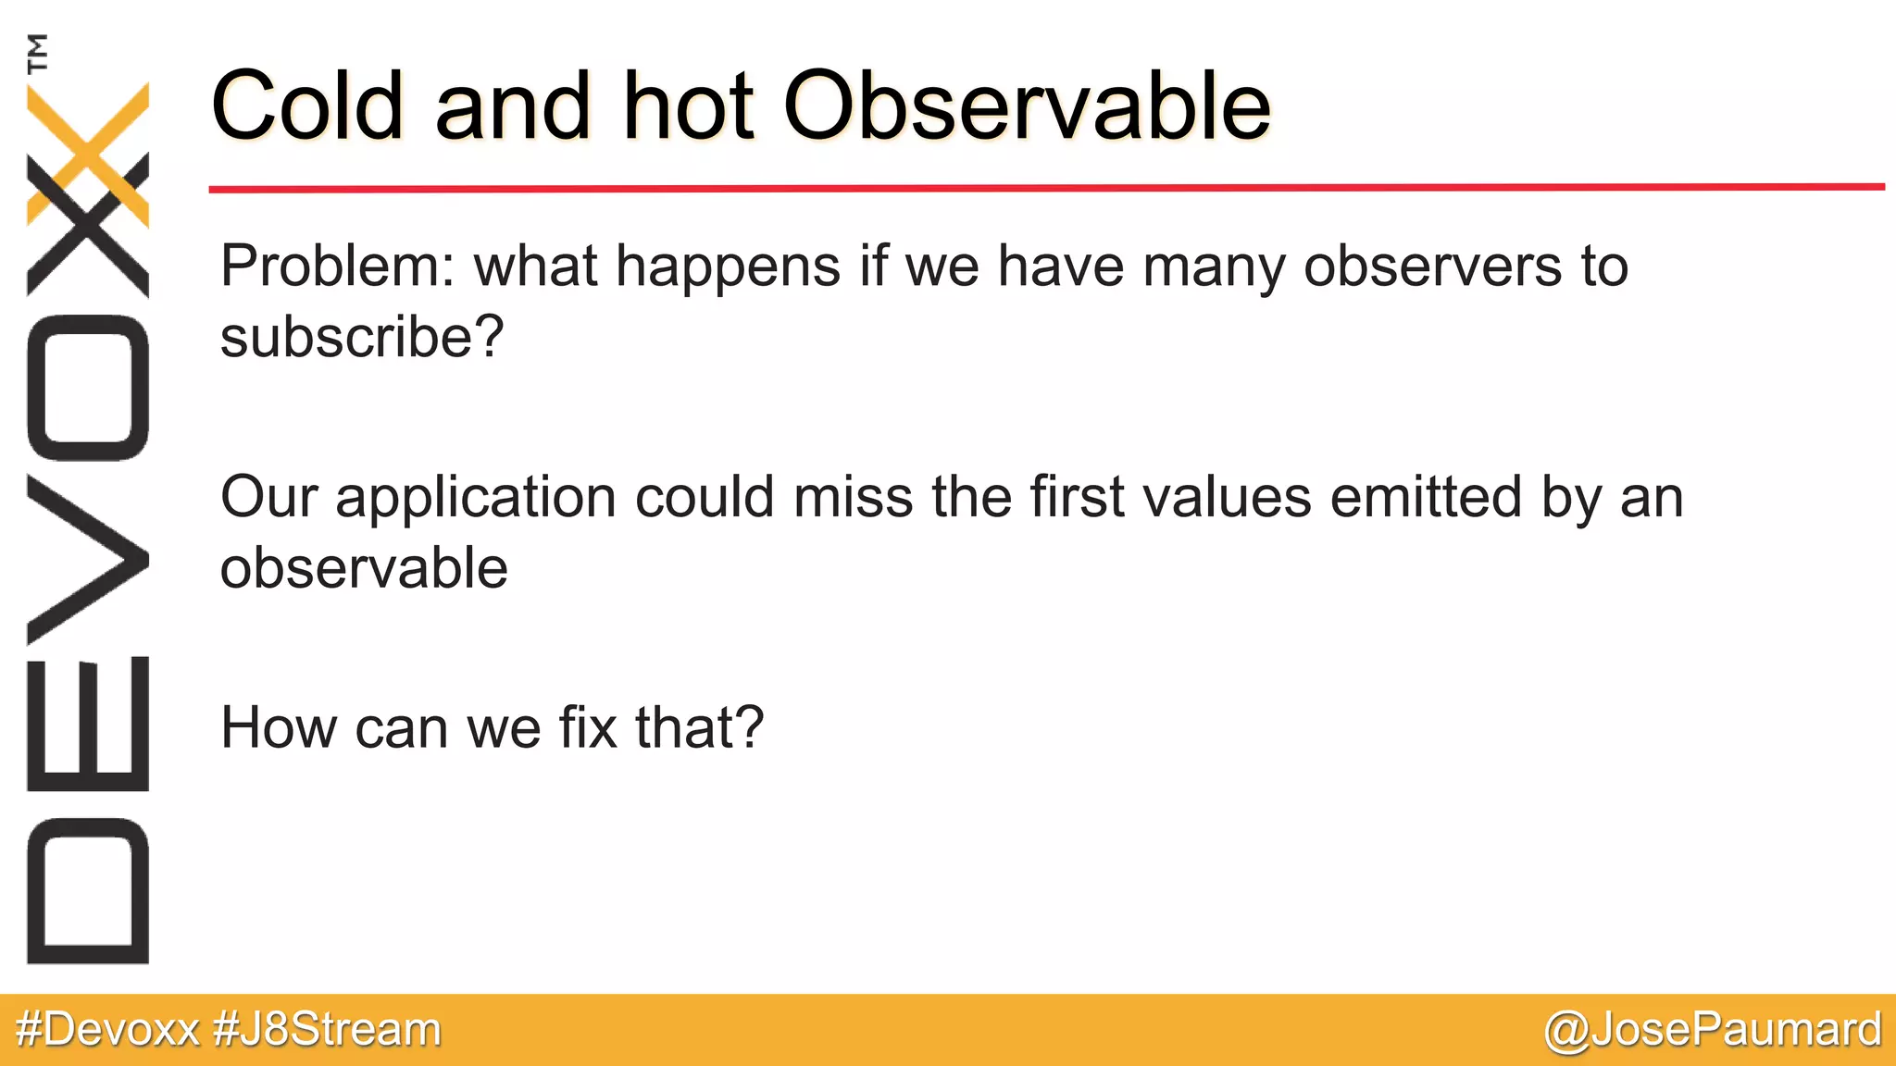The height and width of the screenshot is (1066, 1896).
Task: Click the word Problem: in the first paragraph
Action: (338, 267)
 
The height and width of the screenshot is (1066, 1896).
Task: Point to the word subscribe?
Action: (362, 337)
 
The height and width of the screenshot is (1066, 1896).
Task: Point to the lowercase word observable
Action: (364, 568)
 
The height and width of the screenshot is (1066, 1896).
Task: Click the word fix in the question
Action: (588, 727)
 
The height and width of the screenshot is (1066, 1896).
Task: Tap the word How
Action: (279, 727)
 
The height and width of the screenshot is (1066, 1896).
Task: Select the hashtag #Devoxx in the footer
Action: (108, 1030)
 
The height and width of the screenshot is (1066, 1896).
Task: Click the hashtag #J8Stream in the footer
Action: (327, 1030)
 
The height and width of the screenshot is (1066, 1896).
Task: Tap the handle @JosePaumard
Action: (1712, 1030)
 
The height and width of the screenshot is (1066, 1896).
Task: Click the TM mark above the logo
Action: (37, 53)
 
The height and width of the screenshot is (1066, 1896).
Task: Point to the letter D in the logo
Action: (88, 891)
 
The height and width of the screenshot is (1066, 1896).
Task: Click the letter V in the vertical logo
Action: (88, 560)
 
